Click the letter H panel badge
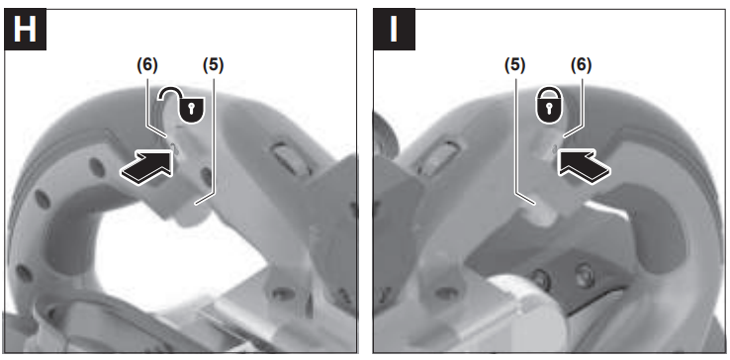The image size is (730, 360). coord(25,29)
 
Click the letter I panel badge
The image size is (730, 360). coord(395,29)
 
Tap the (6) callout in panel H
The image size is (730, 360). coord(147,65)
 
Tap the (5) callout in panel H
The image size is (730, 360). coord(214,65)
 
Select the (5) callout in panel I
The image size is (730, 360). coord(515,65)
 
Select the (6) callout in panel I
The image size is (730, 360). coord(581,65)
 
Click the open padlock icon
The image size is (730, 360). coord(183,105)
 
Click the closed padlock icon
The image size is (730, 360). coord(549,106)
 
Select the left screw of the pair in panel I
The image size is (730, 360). coord(540,279)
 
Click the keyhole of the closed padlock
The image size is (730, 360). coord(549,108)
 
